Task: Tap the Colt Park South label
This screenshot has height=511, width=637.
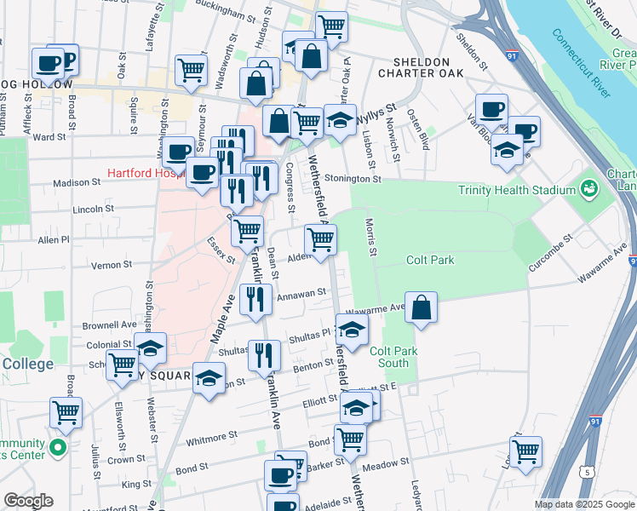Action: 389,356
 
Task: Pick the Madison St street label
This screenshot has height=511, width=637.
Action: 77,182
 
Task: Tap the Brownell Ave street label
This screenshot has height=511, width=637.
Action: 109,324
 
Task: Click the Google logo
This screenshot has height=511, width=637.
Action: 28,501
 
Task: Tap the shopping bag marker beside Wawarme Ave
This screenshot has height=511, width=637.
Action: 421,307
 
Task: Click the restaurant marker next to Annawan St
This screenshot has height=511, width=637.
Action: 256,298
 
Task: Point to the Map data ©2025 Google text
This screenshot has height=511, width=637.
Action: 583,503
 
